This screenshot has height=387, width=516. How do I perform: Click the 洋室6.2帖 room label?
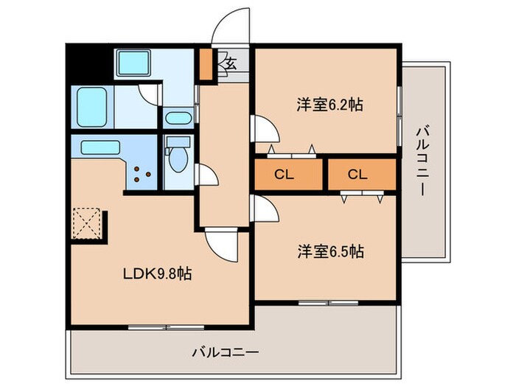coord(330,105)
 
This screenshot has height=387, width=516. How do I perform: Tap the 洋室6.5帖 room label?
coord(330,251)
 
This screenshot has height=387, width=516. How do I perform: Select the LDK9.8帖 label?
coord(158,274)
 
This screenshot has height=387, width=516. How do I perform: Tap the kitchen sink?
coord(101,147)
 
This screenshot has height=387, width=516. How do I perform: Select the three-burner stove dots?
coord(141,175)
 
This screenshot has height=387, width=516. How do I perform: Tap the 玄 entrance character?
coord(230,63)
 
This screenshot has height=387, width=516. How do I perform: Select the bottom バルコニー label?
coord(226,352)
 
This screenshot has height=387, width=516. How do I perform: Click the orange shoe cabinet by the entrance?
coord(206,64)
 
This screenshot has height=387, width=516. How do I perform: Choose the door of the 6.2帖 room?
coord(265,129)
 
